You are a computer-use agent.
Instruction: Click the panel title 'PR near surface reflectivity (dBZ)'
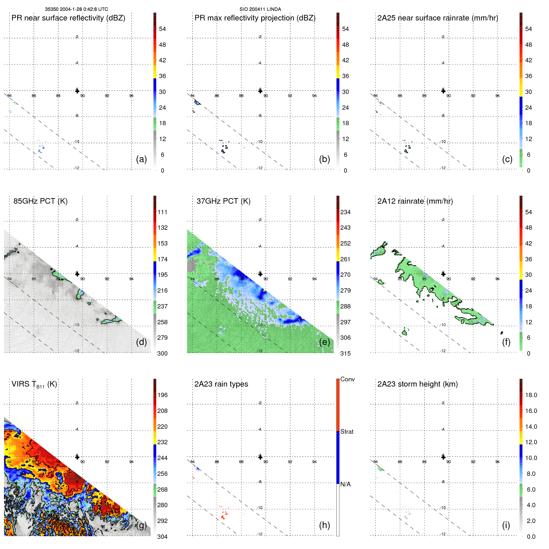(x=68, y=18)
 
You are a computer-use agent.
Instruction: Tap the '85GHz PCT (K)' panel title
(x=40, y=201)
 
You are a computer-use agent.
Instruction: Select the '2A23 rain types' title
(x=221, y=384)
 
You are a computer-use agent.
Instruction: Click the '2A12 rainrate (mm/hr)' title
(x=415, y=201)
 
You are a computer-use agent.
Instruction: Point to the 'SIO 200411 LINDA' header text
(x=260, y=9)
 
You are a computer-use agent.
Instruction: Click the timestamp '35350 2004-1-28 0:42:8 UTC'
(x=77, y=9)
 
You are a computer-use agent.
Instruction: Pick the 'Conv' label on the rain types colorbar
(x=347, y=379)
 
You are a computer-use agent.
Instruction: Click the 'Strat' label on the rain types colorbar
(x=347, y=432)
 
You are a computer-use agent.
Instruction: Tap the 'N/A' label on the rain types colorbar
(x=345, y=484)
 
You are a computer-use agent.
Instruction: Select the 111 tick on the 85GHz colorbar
(x=162, y=212)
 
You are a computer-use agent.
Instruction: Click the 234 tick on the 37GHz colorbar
(x=345, y=212)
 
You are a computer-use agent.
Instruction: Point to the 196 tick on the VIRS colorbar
(x=162, y=395)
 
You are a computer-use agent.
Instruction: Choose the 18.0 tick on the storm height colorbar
(x=531, y=395)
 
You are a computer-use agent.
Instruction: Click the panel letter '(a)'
(x=141, y=159)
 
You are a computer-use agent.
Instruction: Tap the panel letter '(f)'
(x=506, y=342)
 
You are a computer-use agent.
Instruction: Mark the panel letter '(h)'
(x=324, y=525)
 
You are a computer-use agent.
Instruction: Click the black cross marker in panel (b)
(x=260, y=91)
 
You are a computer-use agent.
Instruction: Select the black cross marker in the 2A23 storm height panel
(x=443, y=457)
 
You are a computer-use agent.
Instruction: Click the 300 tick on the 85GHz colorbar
(x=162, y=354)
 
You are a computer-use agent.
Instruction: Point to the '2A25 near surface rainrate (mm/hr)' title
(x=437, y=18)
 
